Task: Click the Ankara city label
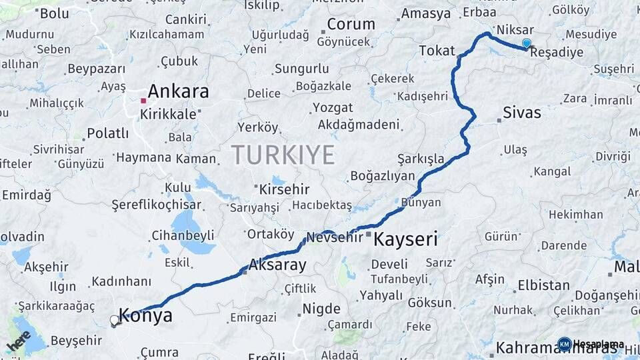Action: (178, 91)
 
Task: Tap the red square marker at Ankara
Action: (143, 101)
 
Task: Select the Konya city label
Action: (145, 315)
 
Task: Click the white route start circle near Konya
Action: (115, 321)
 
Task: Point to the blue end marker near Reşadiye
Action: (527, 43)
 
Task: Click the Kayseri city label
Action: (405, 239)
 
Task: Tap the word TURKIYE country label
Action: (283, 155)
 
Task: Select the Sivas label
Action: (522, 112)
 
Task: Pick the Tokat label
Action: (437, 51)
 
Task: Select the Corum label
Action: (351, 24)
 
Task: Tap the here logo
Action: (19, 341)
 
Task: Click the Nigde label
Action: (321, 309)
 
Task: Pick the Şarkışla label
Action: (421, 159)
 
